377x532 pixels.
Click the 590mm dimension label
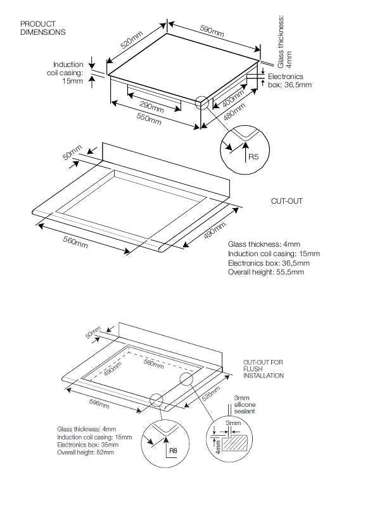212,31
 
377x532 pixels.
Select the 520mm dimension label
132,40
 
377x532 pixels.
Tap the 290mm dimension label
151,107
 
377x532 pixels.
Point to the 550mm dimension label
149,118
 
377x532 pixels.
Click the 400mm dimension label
233,98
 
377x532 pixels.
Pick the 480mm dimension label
234,111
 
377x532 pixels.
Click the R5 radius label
253,157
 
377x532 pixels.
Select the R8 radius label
173,450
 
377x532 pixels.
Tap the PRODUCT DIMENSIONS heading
43,28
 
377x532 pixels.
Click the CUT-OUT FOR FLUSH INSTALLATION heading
263,369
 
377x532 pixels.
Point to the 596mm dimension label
99,404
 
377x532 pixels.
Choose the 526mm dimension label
211,393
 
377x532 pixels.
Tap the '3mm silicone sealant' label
245,404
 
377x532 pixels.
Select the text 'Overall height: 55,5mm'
266,272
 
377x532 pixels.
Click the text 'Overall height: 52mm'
86,452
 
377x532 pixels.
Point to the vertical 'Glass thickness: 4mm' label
284,41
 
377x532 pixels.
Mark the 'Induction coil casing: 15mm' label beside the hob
65,73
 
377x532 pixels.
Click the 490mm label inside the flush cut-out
113,369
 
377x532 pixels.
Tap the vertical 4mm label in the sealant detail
218,447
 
